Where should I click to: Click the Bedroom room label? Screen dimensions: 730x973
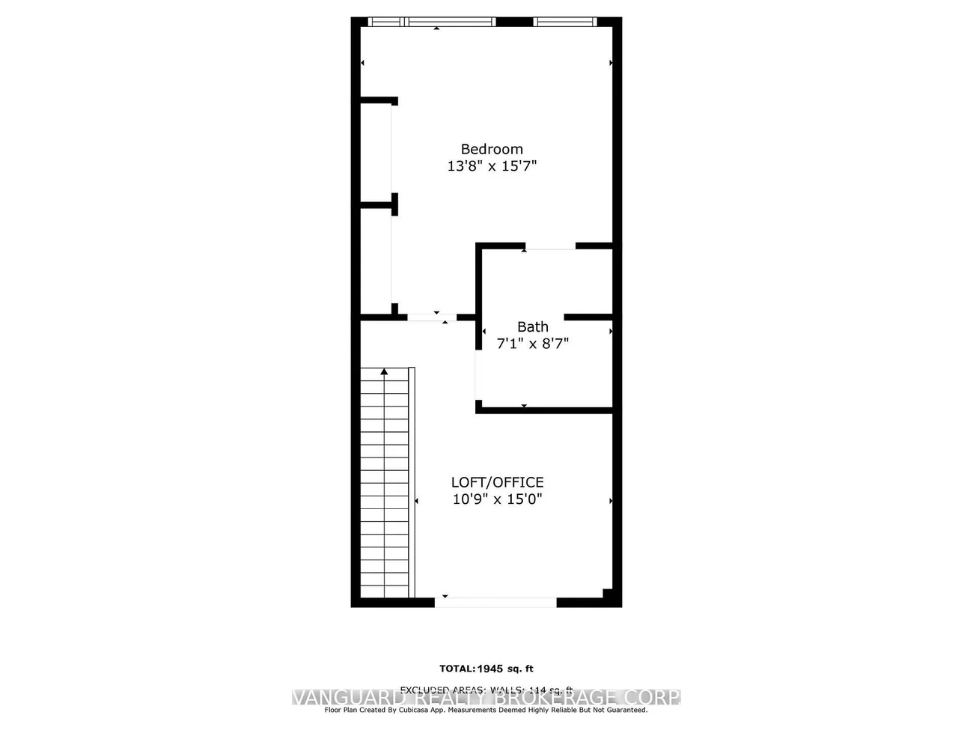491,149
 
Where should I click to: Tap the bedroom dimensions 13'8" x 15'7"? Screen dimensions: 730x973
492,166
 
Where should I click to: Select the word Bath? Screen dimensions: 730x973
532,326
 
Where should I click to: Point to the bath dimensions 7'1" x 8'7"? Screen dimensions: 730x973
533,344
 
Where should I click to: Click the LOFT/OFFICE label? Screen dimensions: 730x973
497,482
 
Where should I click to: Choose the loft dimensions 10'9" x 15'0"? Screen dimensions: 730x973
497,499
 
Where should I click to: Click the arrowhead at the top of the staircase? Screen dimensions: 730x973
385,371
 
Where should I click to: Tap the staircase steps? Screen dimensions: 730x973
385,487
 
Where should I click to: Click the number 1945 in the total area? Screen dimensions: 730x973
491,669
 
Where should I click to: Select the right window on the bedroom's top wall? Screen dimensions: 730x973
565,22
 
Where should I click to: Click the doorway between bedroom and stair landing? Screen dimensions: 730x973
431,317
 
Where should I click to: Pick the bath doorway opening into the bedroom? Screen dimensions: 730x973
549,246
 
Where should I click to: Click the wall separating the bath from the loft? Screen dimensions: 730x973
544,410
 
